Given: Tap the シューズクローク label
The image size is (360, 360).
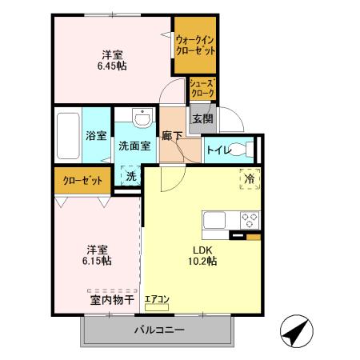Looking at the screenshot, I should pyautogui.click(x=202, y=88).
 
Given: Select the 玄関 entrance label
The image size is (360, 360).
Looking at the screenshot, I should pyautogui.click(x=202, y=119).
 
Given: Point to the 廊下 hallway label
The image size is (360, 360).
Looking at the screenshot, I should pyautogui.click(x=172, y=135).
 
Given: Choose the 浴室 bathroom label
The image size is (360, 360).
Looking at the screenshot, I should pyautogui.click(x=96, y=135).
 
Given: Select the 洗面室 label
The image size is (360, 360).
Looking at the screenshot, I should pyautogui.click(x=135, y=146).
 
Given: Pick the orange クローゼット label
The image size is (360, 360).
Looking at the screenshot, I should pyautogui.click(x=82, y=180).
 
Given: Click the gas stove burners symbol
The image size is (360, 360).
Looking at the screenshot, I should pyautogui.click(x=250, y=218).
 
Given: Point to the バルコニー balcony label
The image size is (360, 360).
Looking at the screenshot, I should pyautogui.click(x=159, y=330).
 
